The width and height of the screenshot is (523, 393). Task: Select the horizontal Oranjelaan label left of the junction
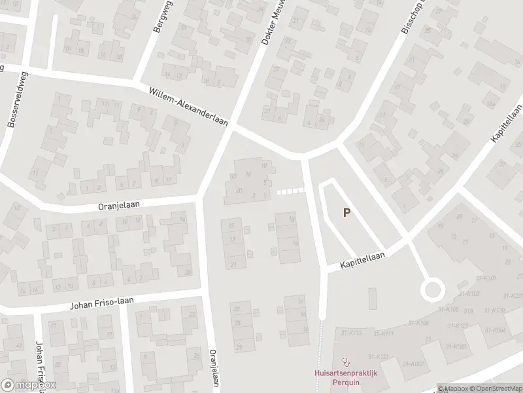pos(119,205)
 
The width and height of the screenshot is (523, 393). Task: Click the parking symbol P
pos(347,212)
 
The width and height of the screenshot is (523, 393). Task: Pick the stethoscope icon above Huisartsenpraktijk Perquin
pos(346,362)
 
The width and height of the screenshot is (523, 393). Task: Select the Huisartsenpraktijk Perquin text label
pos(346,376)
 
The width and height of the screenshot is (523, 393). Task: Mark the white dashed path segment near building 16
pos(291,191)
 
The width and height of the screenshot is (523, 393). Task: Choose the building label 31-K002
pos(413,364)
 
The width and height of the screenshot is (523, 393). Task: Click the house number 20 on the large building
pos(239,189)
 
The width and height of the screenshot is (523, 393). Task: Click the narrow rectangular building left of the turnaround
pos(372,298)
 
